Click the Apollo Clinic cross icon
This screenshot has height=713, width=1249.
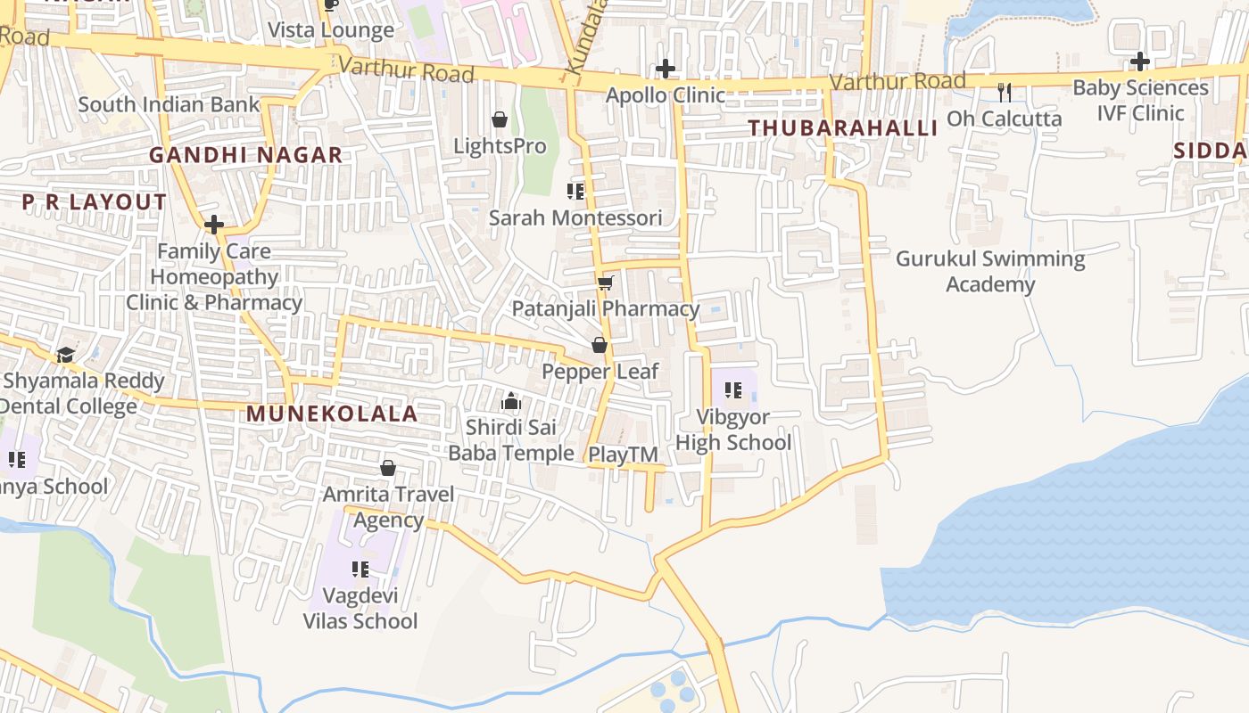pos(666,69)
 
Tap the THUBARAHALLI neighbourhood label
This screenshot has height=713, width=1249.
pos(843,128)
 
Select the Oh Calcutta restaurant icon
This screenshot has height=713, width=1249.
pos(1005,92)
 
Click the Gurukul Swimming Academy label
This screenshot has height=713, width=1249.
pos(990,272)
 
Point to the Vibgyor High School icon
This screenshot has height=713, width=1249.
pos(733,389)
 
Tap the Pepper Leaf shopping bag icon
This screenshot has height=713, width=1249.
pos(600,345)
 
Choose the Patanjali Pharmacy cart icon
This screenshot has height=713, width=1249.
pos(606,283)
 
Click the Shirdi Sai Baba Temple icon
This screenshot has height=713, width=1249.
pos(511,401)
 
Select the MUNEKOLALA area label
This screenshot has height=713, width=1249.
pos(332,414)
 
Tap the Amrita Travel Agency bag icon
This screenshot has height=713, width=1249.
pos(388,468)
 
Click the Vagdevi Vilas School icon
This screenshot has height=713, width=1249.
pos(360,569)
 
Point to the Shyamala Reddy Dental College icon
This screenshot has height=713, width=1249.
pos(65,355)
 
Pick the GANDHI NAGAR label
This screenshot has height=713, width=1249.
pos(245,155)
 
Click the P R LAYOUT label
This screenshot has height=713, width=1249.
pos(95,202)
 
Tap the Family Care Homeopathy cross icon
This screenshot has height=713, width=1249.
pos(214,225)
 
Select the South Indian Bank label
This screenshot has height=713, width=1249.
pos(169,104)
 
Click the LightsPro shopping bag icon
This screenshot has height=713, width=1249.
pos(500,119)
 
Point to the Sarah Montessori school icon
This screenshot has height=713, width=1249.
pos(575,191)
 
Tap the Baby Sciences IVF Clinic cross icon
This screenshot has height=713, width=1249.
pos(1140,61)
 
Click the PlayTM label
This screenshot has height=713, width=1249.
pos(623,455)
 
